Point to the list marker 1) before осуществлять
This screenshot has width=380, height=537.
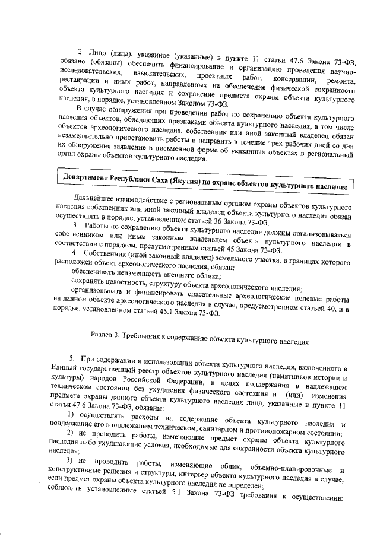71,413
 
